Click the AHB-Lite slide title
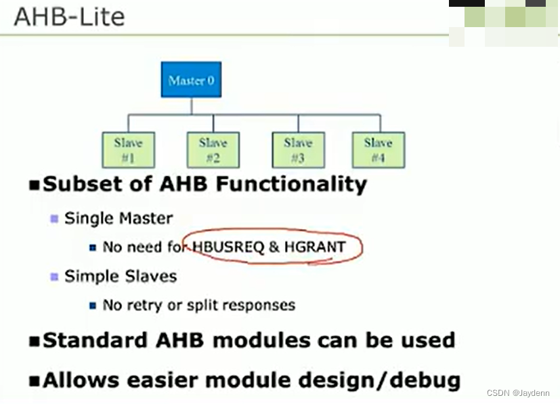pyautogui.click(x=69, y=16)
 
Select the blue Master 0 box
pyautogui.click(x=191, y=80)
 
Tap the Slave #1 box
pyautogui.click(x=128, y=150)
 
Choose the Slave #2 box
pyautogui.click(x=213, y=150)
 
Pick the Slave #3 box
pyautogui.click(x=298, y=150)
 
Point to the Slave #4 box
pyautogui.click(x=378, y=150)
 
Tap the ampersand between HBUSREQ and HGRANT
pyautogui.click(x=274, y=247)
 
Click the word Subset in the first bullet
pyautogui.click(x=72, y=184)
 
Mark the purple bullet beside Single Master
pyautogui.click(x=54, y=218)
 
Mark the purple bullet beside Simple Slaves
pyautogui.click(x=54, y=277)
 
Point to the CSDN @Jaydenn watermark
pyautogui.click(x=518, y=393)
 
